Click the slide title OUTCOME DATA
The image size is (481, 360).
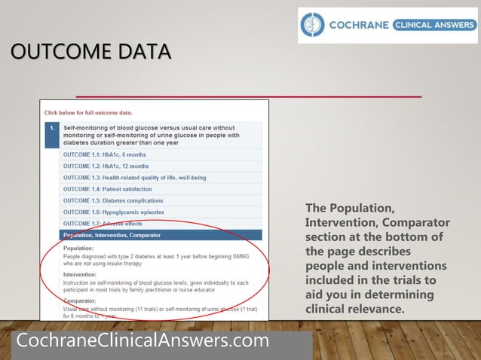click(90, 52)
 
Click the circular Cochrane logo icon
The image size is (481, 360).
click(312, 25)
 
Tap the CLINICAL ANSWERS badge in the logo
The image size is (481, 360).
click(434, 25)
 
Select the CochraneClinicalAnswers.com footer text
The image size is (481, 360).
click(142, 340)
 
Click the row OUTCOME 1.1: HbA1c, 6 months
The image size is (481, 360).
click(106, 154)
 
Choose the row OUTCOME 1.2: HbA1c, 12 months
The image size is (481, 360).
click(106, 166)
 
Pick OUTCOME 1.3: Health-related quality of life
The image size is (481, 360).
click(134, 178)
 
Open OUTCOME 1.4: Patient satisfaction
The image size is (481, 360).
click(107, 189)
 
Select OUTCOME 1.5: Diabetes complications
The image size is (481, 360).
click(113, 201)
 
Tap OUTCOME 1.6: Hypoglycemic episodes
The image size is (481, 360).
click(113, 212)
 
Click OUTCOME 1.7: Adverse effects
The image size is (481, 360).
click(103, 224)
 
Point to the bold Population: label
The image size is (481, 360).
click(78, 248)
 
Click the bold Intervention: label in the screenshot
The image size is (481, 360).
click(81, 275)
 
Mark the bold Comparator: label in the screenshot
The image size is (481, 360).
click(80, 301)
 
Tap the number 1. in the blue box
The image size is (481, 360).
click(52, 128)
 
